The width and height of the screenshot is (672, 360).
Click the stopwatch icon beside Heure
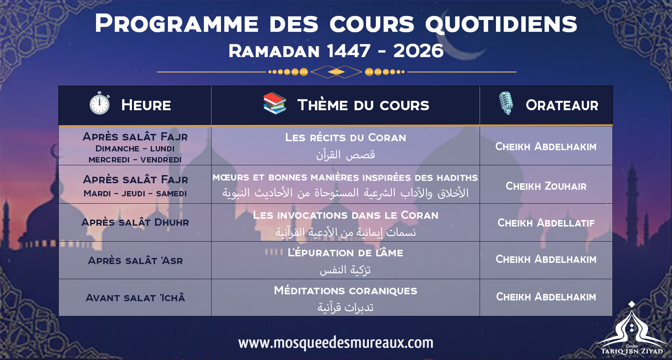point(100,104)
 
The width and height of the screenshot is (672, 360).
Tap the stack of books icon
point(275,104)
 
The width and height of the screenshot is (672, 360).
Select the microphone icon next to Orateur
point(506,103)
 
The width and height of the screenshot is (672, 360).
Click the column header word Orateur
point(562,105)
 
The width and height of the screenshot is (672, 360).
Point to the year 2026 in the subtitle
point(418,51)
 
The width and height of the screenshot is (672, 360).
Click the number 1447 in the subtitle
point(349,51)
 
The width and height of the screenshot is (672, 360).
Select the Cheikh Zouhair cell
point(546,186)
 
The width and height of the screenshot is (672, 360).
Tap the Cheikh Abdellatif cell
point(546,223)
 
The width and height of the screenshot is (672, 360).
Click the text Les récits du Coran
point(345,137)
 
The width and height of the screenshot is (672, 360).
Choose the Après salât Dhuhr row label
point(135,223)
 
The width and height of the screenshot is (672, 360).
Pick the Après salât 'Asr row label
point(135,261)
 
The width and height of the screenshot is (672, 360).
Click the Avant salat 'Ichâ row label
point(135,298)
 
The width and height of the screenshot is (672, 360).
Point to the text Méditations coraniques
point(345,291)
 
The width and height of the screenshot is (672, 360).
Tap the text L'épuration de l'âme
point(345,253)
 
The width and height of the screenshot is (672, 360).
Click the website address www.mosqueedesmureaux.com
point(336,343)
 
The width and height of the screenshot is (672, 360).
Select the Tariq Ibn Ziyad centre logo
point(632,331)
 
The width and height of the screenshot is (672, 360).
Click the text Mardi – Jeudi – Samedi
point(135,193)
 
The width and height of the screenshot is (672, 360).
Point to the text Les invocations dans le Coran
point(345,215)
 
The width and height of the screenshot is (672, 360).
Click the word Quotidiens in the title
point(501,24)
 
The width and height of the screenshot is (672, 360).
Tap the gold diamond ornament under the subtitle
point(336,72)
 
